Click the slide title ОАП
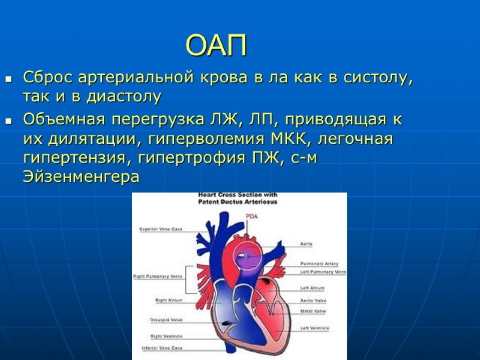click(216, 46)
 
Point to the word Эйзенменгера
click(81, 177)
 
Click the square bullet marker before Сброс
click(8, 79)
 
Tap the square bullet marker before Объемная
click(8, 121)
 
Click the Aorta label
click(306, 244)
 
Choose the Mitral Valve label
click(313, 311)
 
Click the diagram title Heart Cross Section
click(238, 196)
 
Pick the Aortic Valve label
click(313, 300)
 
